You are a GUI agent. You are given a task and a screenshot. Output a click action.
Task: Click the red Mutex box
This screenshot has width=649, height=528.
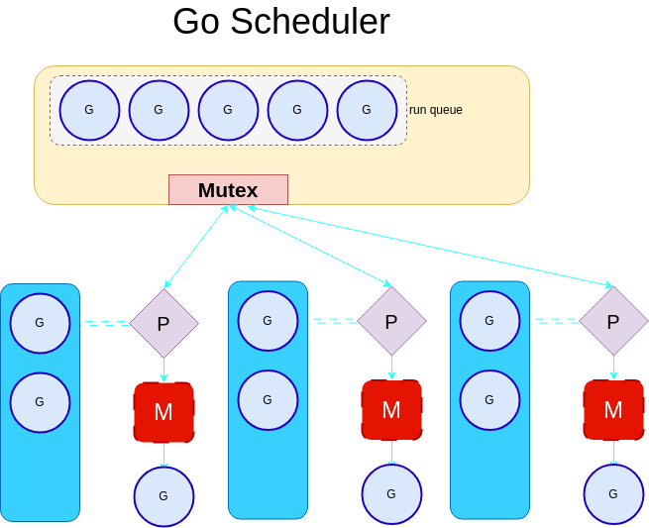point(228,190)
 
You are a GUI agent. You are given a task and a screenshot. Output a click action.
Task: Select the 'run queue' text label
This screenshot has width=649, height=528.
point(436,110)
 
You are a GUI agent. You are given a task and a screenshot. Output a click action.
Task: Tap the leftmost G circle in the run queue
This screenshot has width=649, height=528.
point(89,110)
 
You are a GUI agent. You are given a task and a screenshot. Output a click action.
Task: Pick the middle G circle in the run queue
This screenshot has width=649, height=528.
point(228,110)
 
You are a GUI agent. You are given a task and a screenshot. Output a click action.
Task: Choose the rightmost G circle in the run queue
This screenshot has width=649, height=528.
point(367,110)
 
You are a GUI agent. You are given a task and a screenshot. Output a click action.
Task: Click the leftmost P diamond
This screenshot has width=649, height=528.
point(163,323)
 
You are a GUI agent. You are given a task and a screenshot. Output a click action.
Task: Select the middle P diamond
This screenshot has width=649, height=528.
point(391,321)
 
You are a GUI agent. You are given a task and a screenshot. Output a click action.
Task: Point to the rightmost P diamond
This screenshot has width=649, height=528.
point(613,321)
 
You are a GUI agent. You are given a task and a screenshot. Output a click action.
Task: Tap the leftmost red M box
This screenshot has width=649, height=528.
point(163,411)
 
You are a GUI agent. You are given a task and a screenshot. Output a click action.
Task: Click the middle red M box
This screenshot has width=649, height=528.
point(391,409)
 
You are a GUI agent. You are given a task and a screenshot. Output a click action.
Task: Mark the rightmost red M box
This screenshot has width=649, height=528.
point(613,409)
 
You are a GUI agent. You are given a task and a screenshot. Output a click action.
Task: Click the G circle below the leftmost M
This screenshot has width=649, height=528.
point(163,496)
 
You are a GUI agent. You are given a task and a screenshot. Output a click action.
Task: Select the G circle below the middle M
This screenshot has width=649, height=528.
point(391,493)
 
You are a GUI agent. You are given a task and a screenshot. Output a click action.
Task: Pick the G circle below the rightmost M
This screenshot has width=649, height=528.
point(613,493)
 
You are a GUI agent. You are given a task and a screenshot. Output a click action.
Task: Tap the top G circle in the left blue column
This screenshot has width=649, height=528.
point(40,323)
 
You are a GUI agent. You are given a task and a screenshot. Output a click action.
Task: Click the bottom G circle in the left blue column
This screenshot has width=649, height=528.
point(40,402)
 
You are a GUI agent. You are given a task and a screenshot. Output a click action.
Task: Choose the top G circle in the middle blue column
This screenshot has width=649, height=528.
point(268,321)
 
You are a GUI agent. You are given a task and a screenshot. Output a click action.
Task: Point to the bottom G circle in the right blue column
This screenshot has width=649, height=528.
point(489,400)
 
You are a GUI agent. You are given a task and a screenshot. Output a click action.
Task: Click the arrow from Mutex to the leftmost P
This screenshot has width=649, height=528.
point(196,247)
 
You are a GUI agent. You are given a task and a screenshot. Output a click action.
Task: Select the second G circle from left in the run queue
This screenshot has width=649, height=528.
point(159,110)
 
